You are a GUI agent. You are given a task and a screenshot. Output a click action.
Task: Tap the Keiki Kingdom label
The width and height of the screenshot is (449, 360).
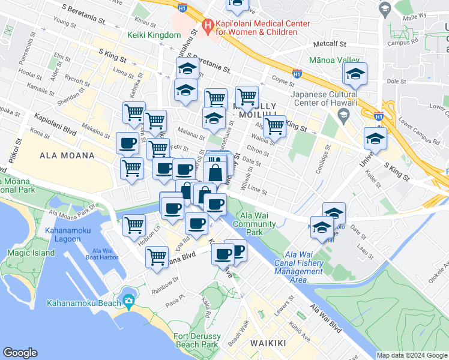tap(154, 35)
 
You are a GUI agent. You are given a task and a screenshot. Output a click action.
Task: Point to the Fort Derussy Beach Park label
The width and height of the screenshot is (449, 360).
tap(197, 340)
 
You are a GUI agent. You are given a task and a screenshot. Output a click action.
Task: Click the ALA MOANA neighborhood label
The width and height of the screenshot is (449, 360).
tap(67, 155)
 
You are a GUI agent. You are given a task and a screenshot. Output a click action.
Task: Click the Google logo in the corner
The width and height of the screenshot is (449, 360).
tap(20, 352)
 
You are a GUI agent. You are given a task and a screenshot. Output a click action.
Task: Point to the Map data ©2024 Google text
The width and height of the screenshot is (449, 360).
tap(412, 355)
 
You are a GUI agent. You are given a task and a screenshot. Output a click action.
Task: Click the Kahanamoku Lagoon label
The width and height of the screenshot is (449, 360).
tap(62, 234)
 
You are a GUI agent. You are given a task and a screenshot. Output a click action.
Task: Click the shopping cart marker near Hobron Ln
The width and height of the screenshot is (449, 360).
tap(134, 225)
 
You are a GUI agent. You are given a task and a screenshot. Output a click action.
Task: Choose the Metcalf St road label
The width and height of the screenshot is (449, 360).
tap(330, 44)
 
